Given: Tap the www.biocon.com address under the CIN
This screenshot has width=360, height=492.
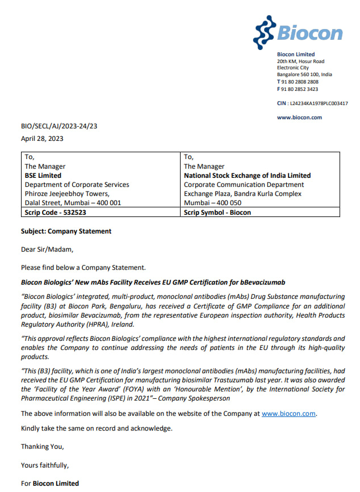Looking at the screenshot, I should coord(299,118).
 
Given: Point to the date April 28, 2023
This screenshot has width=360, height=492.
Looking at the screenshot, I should coord(42,138).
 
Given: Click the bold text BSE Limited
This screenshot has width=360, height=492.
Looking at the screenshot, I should coord(43,176).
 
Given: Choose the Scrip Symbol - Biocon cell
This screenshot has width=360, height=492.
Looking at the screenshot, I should coord(217,212).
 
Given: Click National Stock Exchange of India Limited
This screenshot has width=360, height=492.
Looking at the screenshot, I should coord(247,176).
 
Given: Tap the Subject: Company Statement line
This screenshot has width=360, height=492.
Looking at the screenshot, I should coord(66,231).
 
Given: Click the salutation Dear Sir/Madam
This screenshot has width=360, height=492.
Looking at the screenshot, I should coord(47,249).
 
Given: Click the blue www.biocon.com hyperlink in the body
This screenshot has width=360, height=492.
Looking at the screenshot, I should coord(288,414).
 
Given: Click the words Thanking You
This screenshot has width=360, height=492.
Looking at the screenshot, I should coord(43,447).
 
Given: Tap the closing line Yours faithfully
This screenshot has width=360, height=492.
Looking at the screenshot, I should coord(45,465).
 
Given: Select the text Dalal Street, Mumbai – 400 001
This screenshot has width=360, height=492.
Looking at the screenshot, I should coord(73,203).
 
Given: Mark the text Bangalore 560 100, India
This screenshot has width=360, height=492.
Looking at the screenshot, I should coord(304,74).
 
